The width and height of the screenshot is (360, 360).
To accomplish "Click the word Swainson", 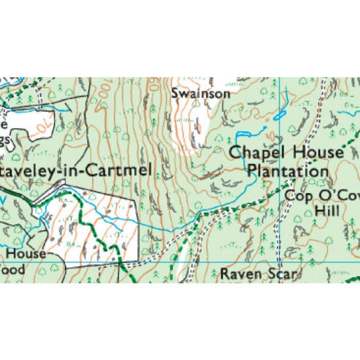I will (201, 94).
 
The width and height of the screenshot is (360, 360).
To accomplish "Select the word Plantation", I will (288, 171).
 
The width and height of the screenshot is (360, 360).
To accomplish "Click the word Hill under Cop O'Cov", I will (327, 211).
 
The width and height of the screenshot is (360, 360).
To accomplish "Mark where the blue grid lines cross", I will (279, 262).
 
